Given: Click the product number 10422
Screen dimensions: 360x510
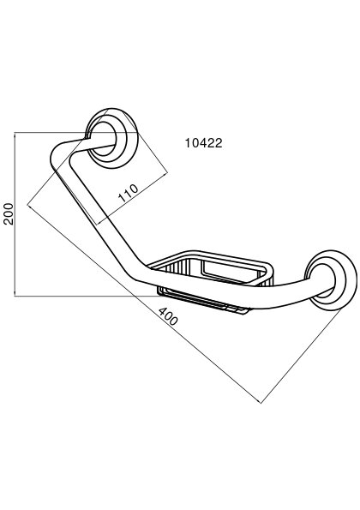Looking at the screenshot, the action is click(x=204, y=143).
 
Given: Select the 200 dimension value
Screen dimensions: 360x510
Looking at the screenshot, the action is click(x=9, y=213).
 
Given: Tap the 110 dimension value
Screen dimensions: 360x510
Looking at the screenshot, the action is click(x=128, y=193).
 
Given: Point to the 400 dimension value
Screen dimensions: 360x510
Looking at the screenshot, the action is click(x=168, y=316).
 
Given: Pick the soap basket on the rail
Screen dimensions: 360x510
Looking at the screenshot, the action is click(x=214, y=280).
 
